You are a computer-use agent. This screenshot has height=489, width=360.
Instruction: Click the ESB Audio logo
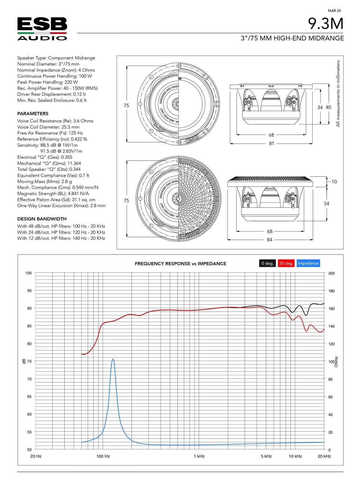click(42, 29)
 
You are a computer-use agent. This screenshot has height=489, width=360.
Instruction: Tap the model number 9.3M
click(325, 24)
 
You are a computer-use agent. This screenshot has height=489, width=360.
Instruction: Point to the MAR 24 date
click(334, 10)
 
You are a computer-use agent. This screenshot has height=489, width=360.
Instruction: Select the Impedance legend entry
click(308, 263)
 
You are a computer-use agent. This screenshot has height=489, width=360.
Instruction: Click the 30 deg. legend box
click(286, 263)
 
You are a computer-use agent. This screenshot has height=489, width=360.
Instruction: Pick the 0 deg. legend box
click(267, 263)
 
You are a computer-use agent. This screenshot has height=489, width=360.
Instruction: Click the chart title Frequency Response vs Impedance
click(180, 264)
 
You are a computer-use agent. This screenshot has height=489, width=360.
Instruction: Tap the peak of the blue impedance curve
click(113, 360)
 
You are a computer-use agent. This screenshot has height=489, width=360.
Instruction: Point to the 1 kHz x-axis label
click(199, 456)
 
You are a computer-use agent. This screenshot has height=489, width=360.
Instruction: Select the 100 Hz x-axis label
click(103, 456)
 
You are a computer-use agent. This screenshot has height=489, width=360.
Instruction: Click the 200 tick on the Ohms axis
click(331, 273)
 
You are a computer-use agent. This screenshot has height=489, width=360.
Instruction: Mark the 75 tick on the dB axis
click(29, 361)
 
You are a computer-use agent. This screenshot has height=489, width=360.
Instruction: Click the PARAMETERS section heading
click(33, 114)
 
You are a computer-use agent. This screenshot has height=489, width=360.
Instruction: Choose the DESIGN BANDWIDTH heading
click(42, 219)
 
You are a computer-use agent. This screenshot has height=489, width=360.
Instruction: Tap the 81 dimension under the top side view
click(271, 143)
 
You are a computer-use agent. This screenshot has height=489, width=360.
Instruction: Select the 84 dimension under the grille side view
click(269, 240)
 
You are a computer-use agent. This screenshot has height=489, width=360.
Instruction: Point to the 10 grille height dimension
click(334, 182)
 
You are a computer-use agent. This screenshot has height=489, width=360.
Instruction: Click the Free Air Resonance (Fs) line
click(50, 133)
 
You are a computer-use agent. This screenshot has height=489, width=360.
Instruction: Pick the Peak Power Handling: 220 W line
click(47, 82)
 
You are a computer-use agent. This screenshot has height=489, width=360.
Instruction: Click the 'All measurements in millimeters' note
click(338, 94)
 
